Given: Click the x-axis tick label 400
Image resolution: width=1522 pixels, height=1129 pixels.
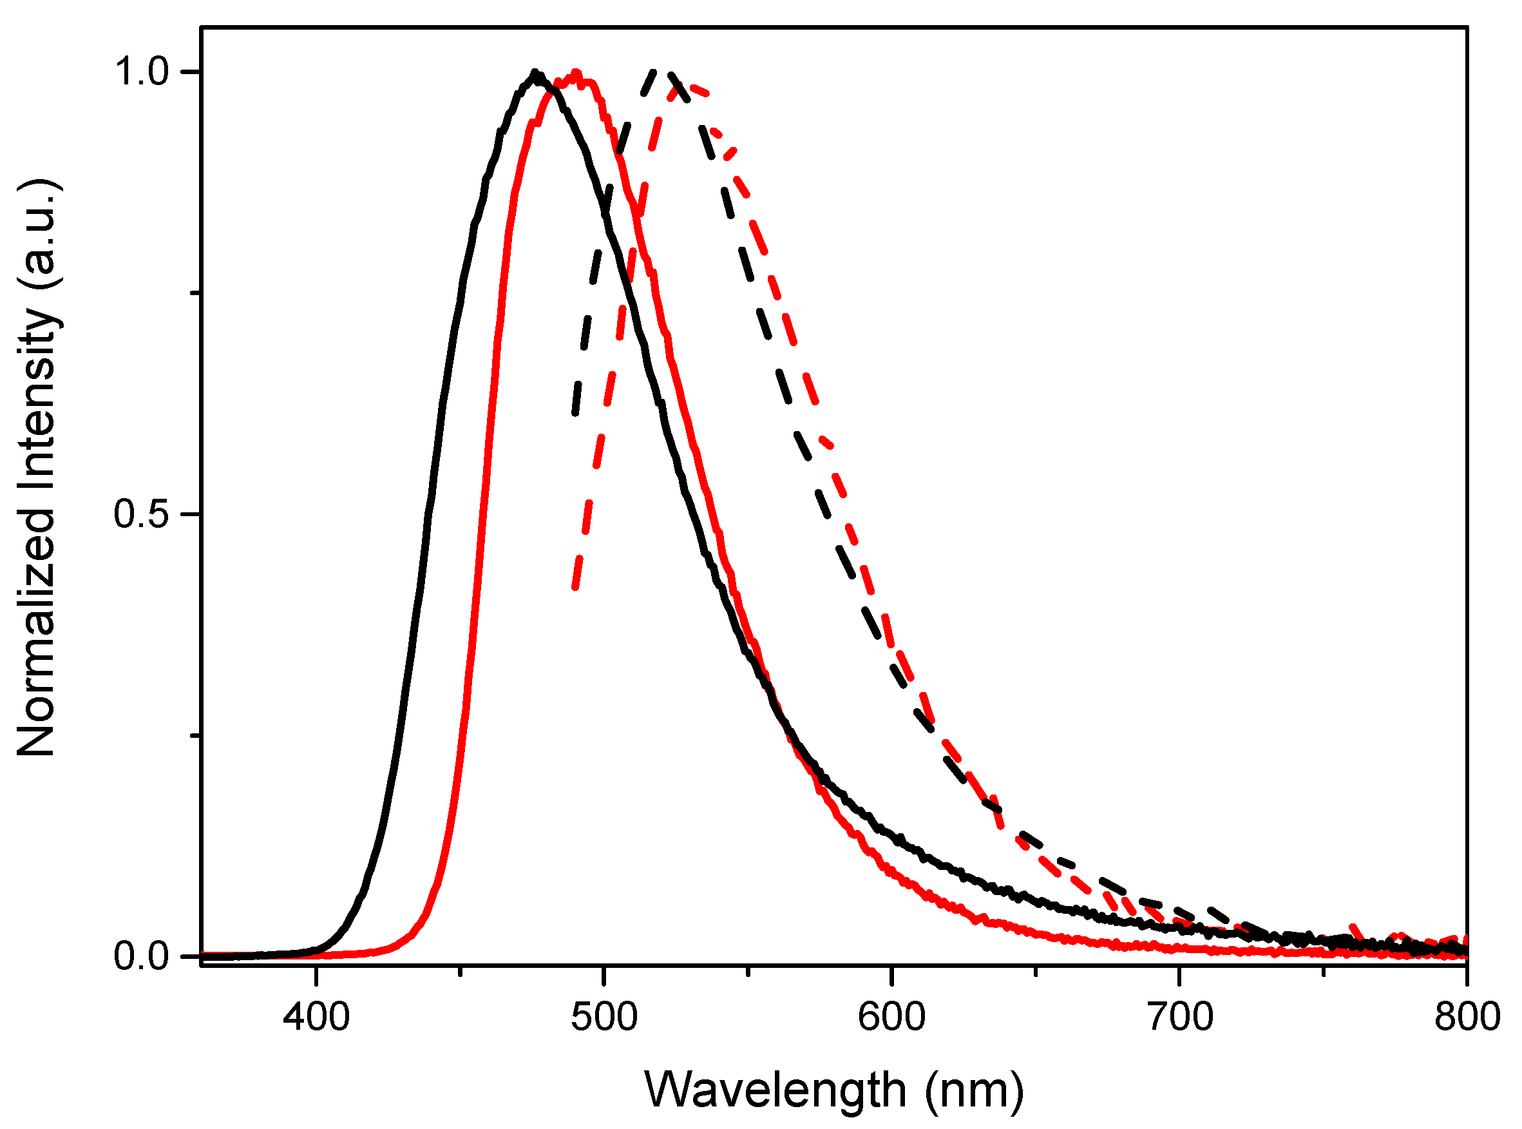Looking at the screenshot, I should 316,1017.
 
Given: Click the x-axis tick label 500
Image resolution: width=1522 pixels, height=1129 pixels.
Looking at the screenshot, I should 605,1017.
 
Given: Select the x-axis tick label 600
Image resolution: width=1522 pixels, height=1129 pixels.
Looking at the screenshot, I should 892,1017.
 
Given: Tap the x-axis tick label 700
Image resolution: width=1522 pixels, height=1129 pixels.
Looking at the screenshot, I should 1180,1017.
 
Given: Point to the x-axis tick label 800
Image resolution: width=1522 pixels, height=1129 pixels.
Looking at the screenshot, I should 1467,1017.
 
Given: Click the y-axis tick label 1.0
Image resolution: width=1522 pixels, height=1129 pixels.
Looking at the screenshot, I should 142,72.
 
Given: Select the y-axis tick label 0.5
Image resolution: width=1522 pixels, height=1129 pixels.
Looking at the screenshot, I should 142,514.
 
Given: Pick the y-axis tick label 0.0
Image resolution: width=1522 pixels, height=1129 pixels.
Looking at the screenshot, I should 142,956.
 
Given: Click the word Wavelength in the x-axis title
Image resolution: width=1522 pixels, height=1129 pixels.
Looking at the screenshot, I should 775,1089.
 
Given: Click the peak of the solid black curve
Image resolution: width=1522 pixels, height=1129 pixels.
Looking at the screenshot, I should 536,73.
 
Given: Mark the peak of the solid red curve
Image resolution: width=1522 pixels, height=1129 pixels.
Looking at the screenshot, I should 576,73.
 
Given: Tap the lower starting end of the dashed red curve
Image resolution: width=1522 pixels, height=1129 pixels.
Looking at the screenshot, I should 575,587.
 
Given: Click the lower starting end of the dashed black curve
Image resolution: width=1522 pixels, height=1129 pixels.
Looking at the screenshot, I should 575,414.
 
